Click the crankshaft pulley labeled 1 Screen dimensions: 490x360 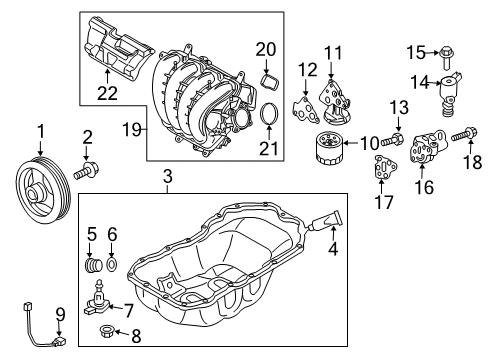pos(43,190)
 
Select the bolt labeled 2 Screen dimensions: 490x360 pos(86,170)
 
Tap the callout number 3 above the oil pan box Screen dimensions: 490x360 pos(168,177)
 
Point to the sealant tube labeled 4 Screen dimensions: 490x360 pos(325,220)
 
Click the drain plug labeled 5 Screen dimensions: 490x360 pos(93,265)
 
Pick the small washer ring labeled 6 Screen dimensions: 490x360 pos(112,264)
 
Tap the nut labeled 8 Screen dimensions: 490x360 pos(107,331)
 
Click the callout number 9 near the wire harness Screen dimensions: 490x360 pos(60,315)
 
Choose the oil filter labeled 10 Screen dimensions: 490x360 pos(328,148)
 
